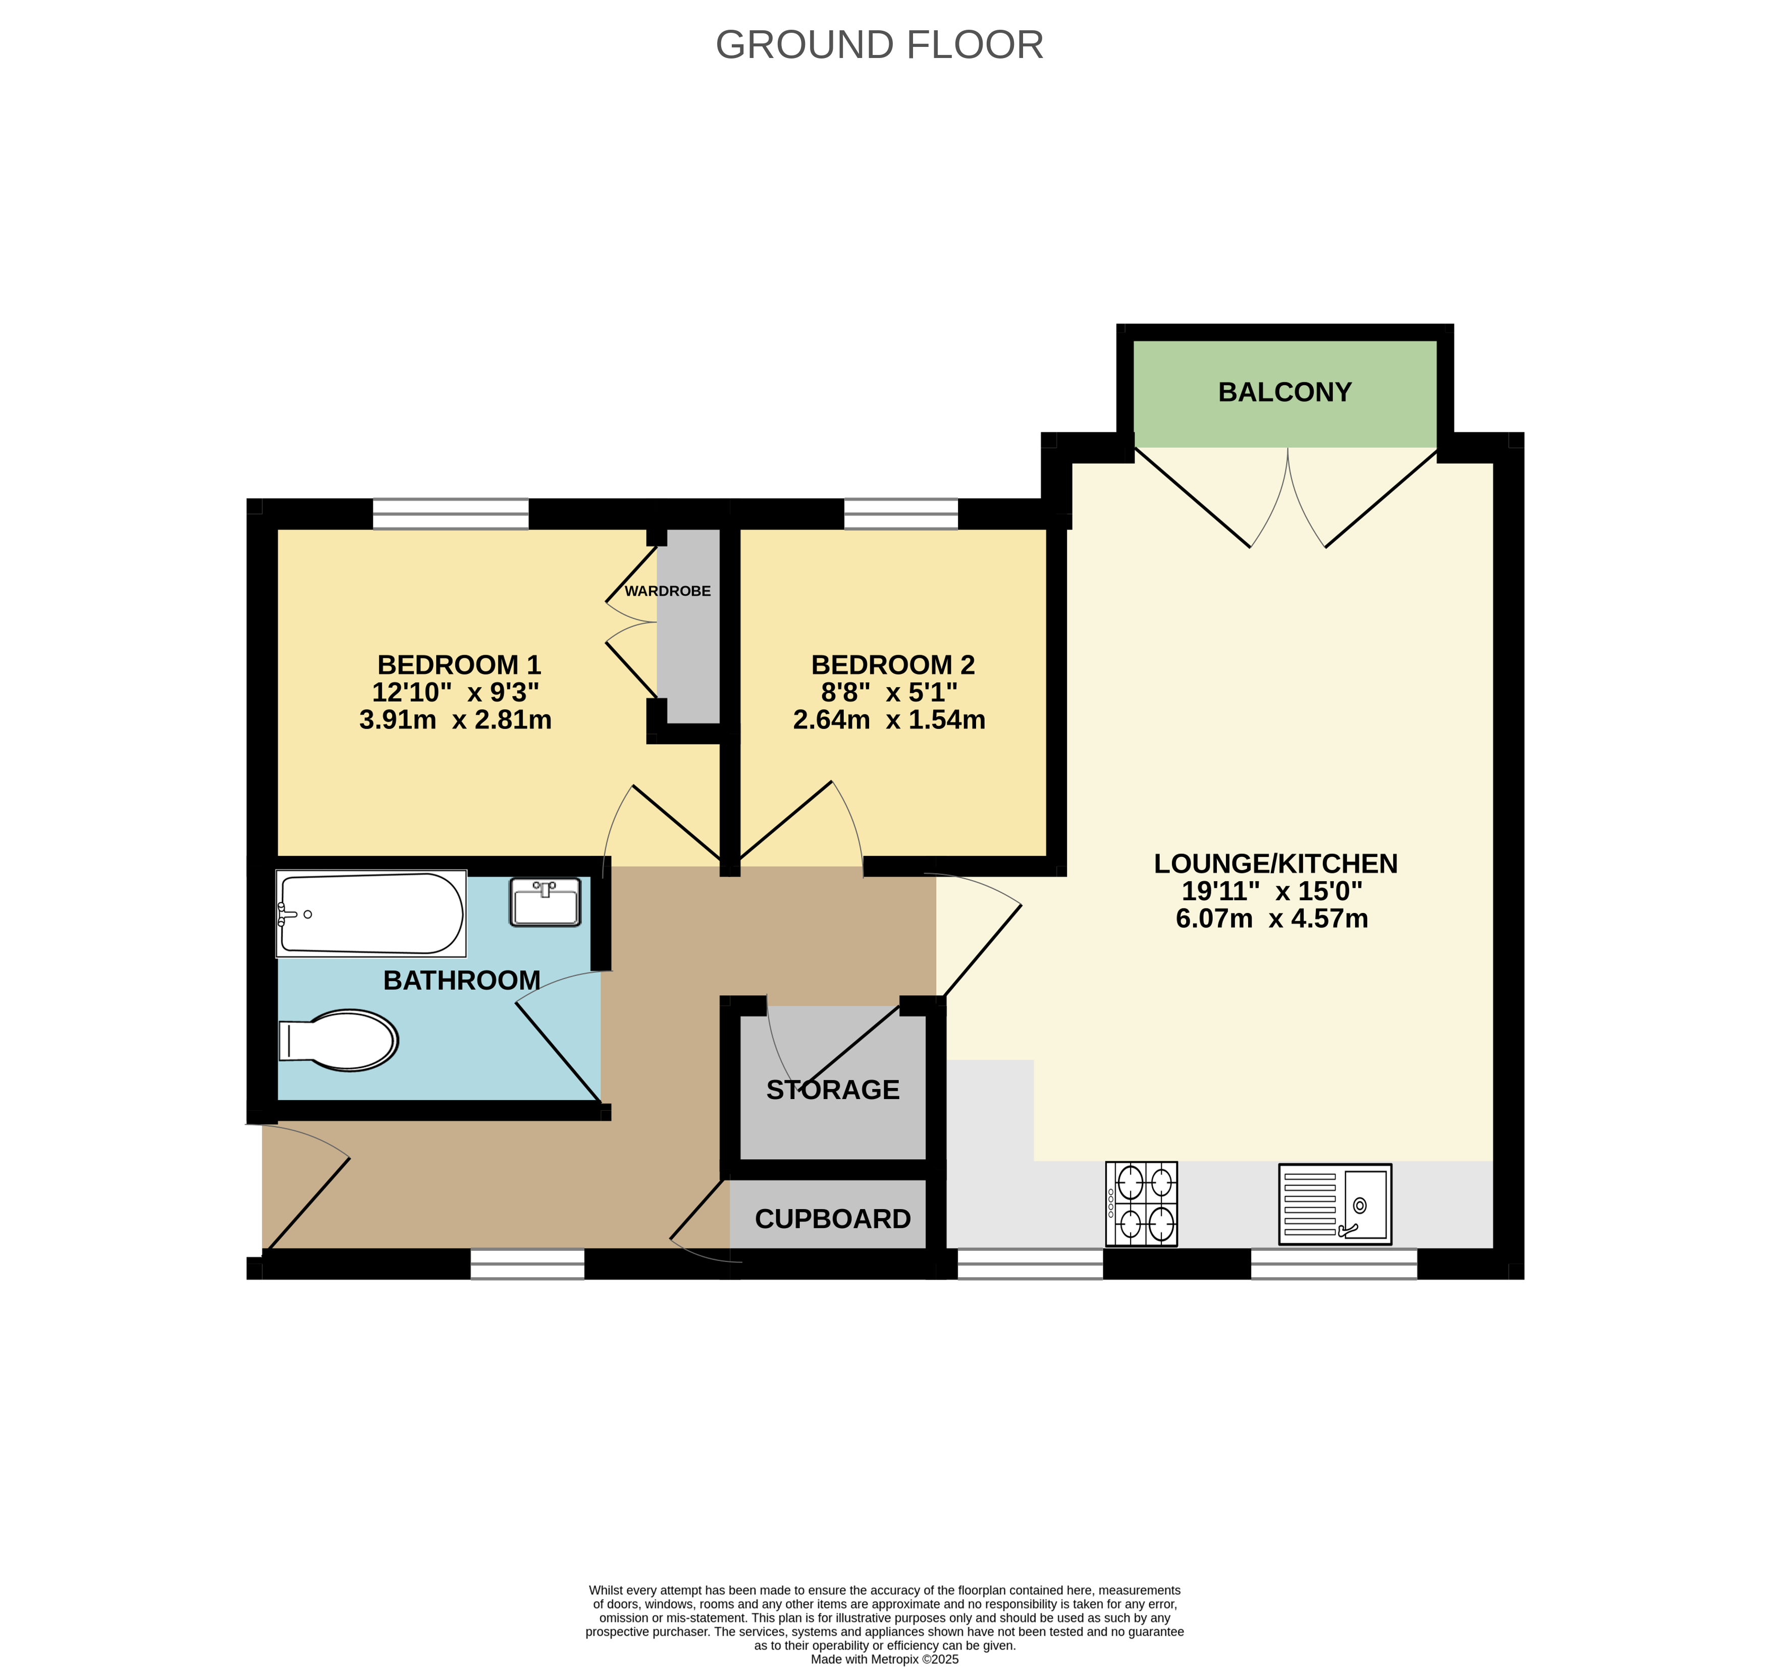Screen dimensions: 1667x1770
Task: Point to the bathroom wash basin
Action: [545, 901]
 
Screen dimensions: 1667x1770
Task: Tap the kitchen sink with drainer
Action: [1334, 1203]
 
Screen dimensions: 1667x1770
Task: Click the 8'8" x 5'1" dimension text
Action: [889, 692]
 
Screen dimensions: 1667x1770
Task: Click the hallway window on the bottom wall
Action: [527, 1264]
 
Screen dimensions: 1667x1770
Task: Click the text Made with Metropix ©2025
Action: [884, 1659]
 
